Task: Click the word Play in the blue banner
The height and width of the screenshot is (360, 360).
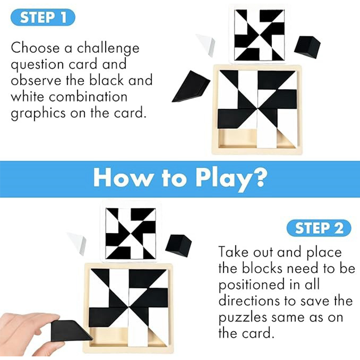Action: [x=227, y=179]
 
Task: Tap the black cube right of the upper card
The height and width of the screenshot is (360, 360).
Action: [x=307, y=46]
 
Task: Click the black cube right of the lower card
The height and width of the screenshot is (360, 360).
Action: [x=179, y=245]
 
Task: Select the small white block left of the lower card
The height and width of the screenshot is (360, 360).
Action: [x=77, y=242]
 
